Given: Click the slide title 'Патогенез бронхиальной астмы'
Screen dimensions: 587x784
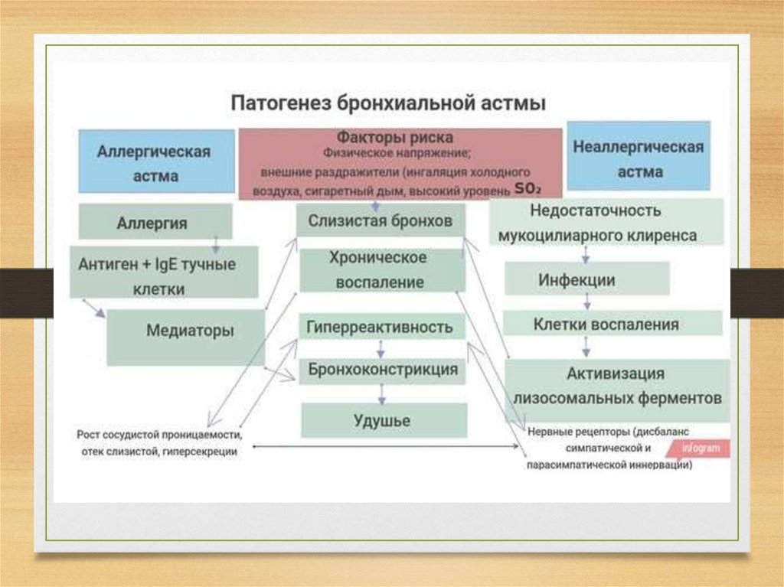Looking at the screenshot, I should [389, 103].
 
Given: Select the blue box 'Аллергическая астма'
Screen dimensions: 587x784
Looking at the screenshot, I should [155, 162].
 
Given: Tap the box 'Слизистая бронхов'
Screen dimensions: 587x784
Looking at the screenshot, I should [381, 220].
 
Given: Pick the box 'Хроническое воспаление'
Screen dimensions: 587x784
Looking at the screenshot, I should [381, 269].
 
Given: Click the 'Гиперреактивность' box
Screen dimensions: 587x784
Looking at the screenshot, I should [381, 328].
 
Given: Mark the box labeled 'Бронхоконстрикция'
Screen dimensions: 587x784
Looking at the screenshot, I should [383, 370].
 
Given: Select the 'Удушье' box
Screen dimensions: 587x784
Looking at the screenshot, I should [383, 420].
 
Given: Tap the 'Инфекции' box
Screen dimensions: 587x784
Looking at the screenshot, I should [587, 280].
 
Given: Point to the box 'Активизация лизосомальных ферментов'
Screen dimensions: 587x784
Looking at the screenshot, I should [617, 387].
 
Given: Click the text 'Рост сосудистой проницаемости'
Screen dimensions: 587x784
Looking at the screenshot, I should [159, 435].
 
